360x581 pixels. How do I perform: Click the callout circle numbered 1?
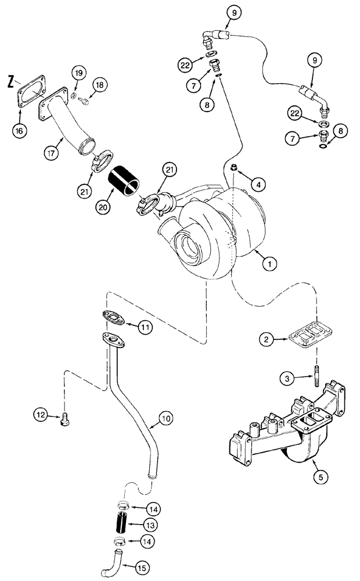[268, 263]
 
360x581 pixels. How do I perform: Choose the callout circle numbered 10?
[166, 418]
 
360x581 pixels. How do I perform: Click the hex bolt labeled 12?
[65, 419]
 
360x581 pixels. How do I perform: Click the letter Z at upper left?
[11, 82]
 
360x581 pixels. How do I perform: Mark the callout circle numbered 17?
[52, 155]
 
